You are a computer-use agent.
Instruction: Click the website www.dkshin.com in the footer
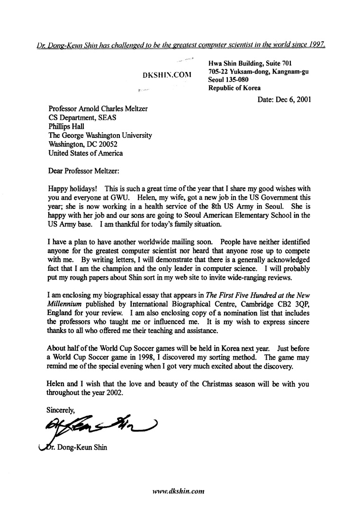tap(177, 491)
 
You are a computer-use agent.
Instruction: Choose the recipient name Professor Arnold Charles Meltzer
tap(98, 109)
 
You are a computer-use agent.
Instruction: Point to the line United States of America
tap(86, 153)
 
